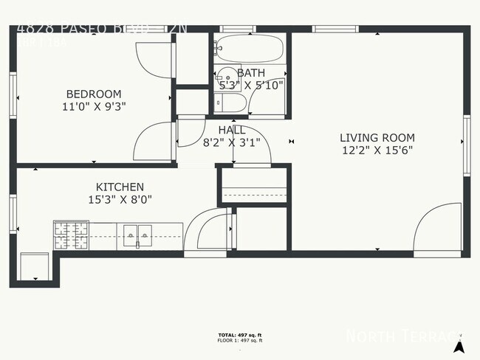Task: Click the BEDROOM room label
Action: point(94,94)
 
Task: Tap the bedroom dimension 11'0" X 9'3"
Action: point(94,105)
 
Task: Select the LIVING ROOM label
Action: point(377,137)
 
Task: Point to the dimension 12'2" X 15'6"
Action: point(377,150)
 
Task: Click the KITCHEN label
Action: point(120,187)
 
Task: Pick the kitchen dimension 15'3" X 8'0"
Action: point(120,199)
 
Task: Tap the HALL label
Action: point(232,130)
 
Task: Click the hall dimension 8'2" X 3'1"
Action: point(232,142)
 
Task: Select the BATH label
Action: point(251,73)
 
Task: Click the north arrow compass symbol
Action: point(459,344)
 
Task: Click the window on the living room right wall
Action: point(466,145)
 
